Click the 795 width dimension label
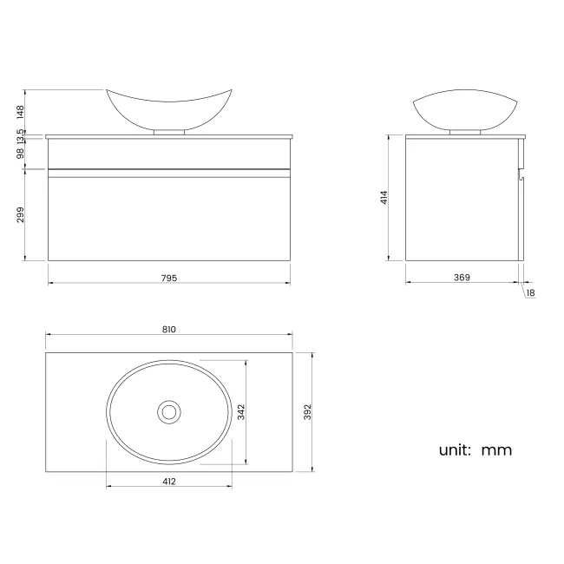(x=168, y=278)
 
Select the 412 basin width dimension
(x=168, y=481)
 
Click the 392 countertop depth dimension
(x=306, y=412)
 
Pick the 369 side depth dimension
(x=462, y=278)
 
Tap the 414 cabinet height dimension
(x=383, y=197)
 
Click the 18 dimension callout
(x=530, y=293)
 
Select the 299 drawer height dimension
(x=20, y=213)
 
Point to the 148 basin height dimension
(x=20, y=111)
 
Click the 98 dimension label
(x=20, y=154)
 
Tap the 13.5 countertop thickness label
(x=20, y=135)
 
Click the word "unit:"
(x=455, y=449)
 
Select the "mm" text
(x=496, y=450)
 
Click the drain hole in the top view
(x=168, y=411)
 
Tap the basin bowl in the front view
(x=168, y=108)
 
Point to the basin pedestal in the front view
(x=168, y=132)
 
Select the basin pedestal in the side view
(x=467, y=132)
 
